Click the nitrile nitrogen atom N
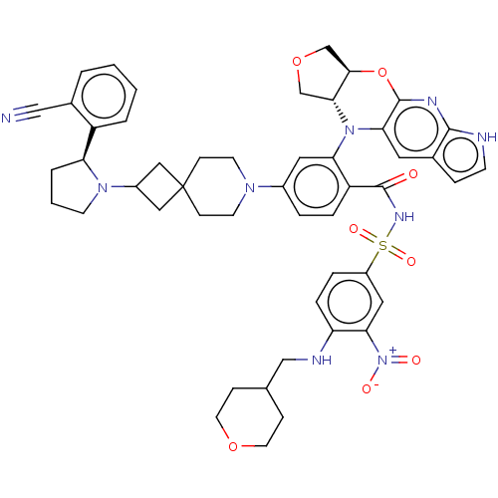coord(6,118)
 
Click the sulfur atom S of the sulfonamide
coord(382,245)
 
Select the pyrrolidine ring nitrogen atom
coord(103,187)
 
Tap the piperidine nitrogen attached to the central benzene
coord(250,187)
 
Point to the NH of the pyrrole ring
coord(486,136)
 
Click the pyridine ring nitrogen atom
coord(432,101)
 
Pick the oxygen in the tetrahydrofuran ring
coord(297,62)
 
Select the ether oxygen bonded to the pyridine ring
coord(382,72)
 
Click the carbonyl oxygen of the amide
coord(413,174)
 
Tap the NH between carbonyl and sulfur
coord(404,217)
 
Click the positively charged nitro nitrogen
coord(382,360)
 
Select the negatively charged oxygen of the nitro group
coord(367,388)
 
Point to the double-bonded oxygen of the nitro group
coord(416,360)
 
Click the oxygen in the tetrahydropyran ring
coord(233,446)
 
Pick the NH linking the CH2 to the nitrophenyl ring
coord(322,360)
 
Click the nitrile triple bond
coord(26,113)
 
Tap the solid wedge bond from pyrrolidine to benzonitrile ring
coord(89,143)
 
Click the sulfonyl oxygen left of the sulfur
coord(354,229)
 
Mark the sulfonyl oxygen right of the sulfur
coord(411,261)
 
